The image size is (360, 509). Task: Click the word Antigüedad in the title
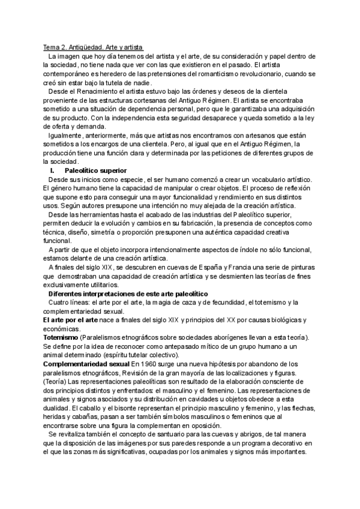[88, 47]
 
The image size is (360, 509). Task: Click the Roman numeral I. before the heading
[52, 170]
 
